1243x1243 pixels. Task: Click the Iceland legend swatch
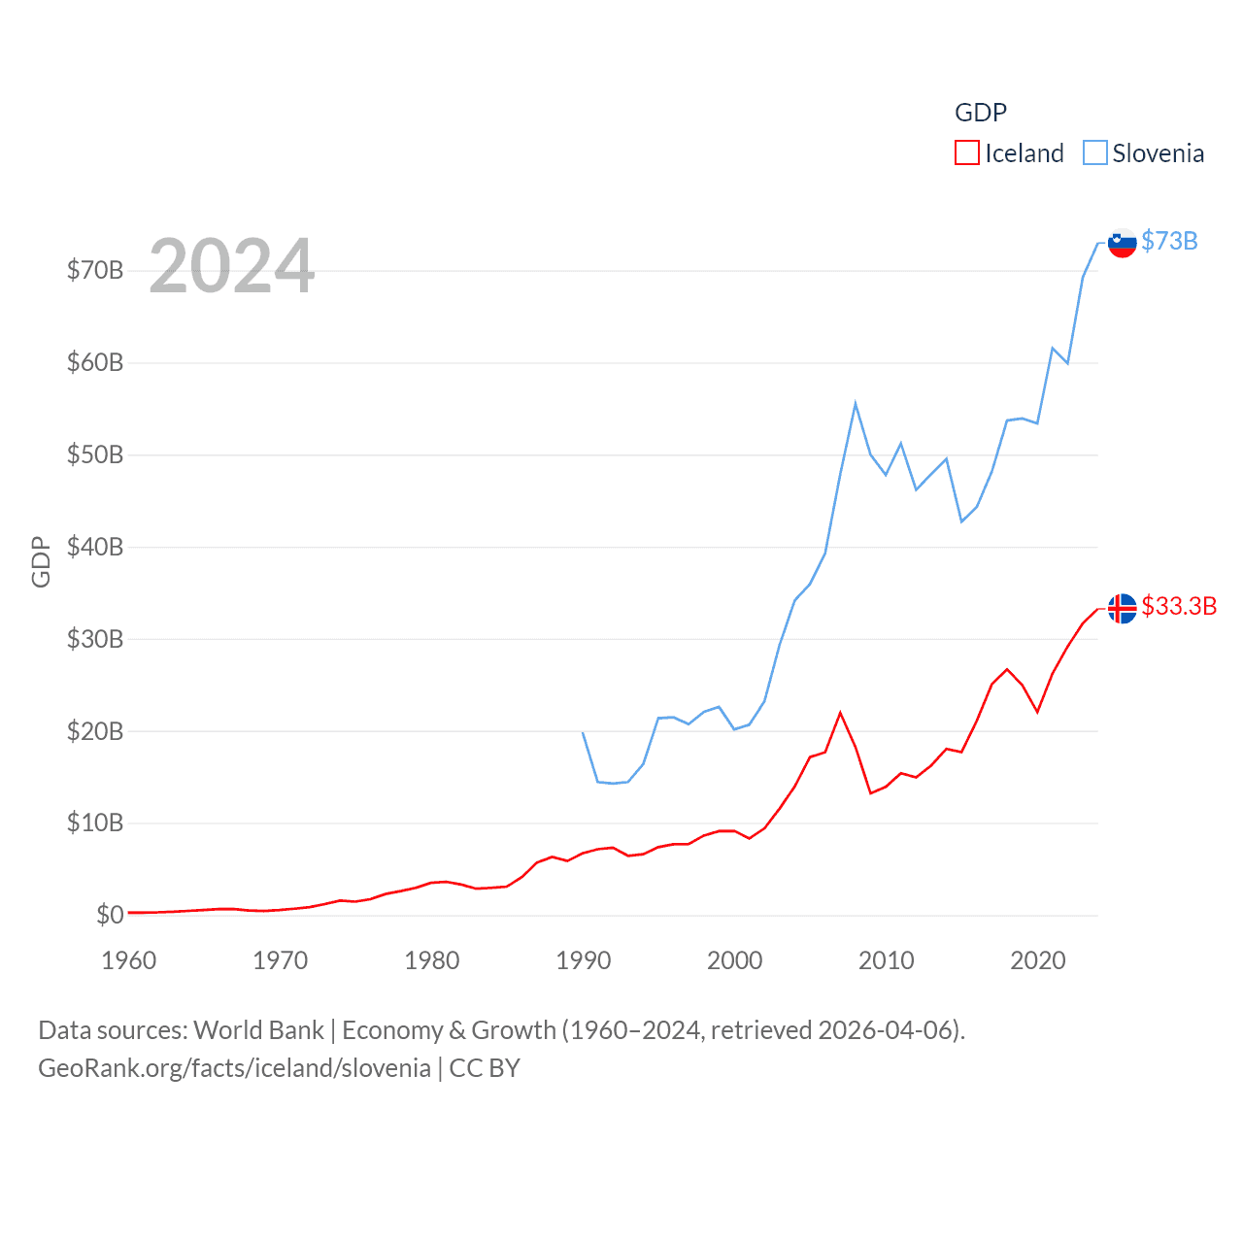[x=967, y=153]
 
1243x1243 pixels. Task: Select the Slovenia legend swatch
[x=1094, y=153]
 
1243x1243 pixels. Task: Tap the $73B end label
[x=1169, y=241]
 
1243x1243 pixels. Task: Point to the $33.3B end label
[x=1179, y=606]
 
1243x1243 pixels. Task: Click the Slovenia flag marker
[x=1123, y=243]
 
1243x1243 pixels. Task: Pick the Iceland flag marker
[x=1123, y=608]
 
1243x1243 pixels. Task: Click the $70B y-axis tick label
[x=95, y=270]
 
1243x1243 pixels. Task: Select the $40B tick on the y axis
[x=95, y=547]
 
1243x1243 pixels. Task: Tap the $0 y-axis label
[x=110, y=915]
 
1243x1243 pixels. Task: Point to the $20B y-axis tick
[x=95, y=731]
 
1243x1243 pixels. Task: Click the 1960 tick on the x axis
[x=129, y=960]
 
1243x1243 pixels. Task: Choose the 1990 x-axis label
[x=584, y=960]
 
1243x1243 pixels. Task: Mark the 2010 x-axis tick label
[x=887, y=960]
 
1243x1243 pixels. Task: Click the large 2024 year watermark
[x=232, y=265]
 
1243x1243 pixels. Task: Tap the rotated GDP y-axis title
[x=41, y=561]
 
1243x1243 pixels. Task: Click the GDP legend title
[x=981, y=113]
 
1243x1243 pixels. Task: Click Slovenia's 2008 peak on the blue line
[x=856, y=403]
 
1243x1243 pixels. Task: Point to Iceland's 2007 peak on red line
[x=840, y=713]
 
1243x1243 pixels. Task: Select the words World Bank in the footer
[x=258, y=1029]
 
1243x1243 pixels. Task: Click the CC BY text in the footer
[x=485, y=1068]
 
